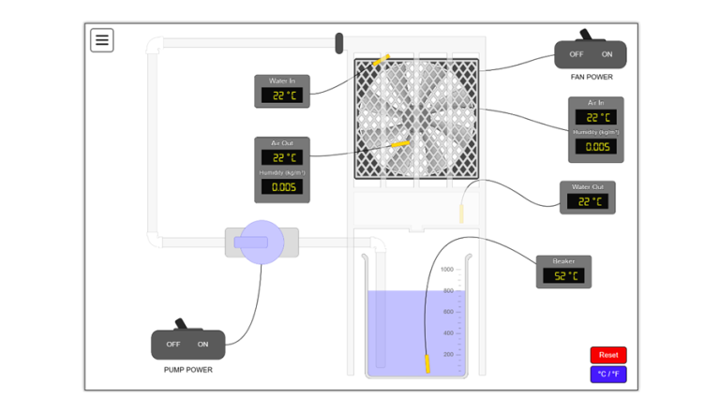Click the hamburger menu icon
pos(102,40)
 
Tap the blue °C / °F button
pos(608,374)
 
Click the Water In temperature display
pos(281,96)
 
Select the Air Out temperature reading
pos(281,157)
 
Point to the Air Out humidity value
pos(281,186)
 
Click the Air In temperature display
pos(595,117)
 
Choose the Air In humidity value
pos(595,146)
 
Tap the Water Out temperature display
pos(588,201)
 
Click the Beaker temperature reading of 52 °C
pos(563,275)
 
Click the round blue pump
pos(262,243)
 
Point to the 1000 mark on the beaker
pos(447,270)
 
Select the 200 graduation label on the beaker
pos(448,354)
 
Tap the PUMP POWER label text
pos(187,370)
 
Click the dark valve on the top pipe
pos(339,42)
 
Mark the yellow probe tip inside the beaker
pos(427,362)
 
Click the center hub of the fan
pos(416,118)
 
